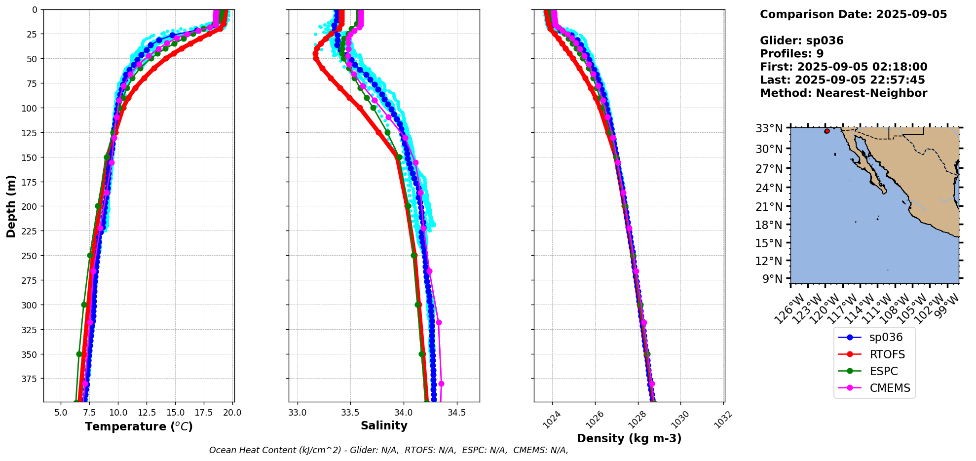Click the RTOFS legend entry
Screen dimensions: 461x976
887,354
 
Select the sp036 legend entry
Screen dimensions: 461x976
886,338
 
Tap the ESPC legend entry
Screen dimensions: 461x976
883,371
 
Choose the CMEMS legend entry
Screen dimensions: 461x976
890,388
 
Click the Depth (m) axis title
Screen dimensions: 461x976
11,206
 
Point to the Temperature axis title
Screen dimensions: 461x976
139,426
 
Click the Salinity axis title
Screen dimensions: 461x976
384,426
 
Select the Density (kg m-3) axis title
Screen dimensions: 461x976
629,438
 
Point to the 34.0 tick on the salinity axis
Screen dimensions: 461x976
403,412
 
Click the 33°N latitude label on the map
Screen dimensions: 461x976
769,128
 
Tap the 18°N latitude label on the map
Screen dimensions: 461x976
769,225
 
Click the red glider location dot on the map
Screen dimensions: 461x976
827,131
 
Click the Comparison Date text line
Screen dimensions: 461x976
853,14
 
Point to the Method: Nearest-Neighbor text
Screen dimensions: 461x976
843,93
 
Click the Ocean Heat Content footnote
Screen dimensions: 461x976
388,450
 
